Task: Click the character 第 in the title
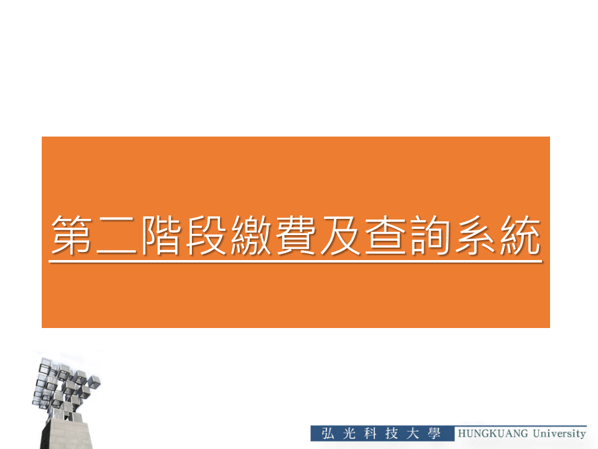(71, 234)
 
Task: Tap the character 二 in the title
(116, 235)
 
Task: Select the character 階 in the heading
(161, 234)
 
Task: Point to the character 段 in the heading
(206, 234)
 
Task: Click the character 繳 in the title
(251, 234)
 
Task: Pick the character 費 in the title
(295, 234)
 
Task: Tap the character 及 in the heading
(341, 234)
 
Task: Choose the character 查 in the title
(385, 234)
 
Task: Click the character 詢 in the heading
(430, 234)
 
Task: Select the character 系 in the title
(475, 234)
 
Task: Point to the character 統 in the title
(520, 234)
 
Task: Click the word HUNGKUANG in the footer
(493, 434)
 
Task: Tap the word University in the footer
(559, 434)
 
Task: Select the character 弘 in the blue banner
(328, 434)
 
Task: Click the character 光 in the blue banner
(349, 434)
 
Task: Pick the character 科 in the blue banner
(370, 434)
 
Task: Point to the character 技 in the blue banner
(392, 434)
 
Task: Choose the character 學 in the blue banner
(434, 434)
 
